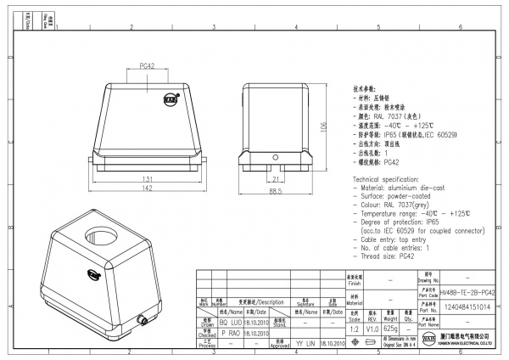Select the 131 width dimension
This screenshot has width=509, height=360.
147,179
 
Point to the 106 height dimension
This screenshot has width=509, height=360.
323,127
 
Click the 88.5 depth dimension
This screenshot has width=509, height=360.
276,192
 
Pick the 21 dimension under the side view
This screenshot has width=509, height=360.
276,179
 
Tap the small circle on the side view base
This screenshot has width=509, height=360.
276,158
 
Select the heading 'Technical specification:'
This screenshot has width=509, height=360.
393,183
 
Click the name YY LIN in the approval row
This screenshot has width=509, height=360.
305,343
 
